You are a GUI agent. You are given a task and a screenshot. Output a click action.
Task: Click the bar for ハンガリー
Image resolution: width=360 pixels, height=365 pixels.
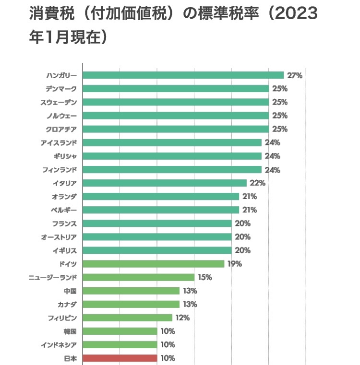pyautogui.click(x=183, y=75)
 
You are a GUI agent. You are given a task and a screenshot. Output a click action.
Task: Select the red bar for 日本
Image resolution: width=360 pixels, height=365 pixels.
pyautogui.click(x=120, y=358)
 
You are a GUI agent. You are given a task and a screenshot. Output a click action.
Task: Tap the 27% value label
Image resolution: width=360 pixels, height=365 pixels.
pyautogui.click(x=294, y=75)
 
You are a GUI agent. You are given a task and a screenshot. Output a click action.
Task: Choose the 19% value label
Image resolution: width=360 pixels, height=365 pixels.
pyautogui.click(x=235, y=264)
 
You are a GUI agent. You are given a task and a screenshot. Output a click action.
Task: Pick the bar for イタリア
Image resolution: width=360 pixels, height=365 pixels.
pyautogui.click(x=164, y=183)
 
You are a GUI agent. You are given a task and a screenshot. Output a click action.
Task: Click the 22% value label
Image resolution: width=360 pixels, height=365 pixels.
pyautogui.click(x=257, y=183)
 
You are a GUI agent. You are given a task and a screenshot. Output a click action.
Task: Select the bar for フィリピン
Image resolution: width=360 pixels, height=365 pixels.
pyautogui.click(x=127, y=318)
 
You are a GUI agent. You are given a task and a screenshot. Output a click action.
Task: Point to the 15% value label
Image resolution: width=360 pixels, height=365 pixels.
pyautogui.click(x=205, y=277)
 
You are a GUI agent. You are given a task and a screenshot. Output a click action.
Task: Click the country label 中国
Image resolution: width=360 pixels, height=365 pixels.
pyautogui.click(x=70, y=291)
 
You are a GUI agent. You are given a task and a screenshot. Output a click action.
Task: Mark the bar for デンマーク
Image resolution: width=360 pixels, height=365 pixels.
pyautogui.click(x=176, y=89)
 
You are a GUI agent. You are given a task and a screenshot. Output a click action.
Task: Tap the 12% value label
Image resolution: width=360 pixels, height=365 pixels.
pyautogui.click(x=182, y=318)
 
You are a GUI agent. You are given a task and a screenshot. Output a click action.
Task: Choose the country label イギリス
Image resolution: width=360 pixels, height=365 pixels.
pyautogui.click(x=64, y=250)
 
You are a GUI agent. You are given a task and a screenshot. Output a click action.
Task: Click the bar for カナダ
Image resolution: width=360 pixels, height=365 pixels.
pyautogui.click(x=131, y=304)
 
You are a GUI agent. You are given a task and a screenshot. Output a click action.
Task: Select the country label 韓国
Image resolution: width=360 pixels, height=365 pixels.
pyautogui.click(x=70, y=331)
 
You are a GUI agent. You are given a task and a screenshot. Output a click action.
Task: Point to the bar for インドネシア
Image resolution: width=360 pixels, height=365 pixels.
pyautogui.click(x=120, y=344)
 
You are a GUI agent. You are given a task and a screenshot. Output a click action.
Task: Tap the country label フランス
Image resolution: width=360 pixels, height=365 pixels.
pyautogui.click(x=64, y=224)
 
